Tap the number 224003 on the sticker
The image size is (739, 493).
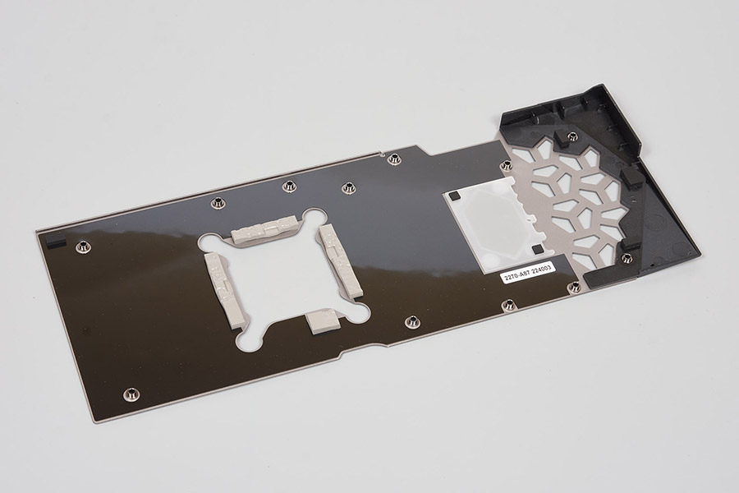[x=541, y=269]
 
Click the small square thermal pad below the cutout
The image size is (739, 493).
[x=323, y=322]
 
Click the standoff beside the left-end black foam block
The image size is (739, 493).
[x=82, y=246]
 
